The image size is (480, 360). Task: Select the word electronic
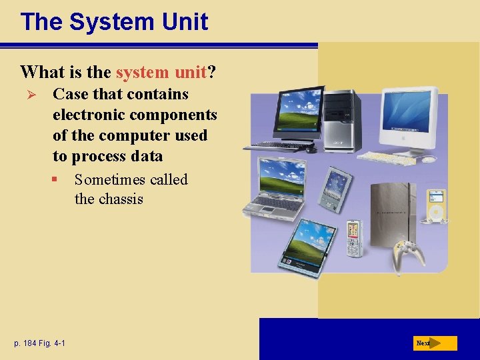(x=84, y=115)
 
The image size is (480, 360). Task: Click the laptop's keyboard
(x=273, y=204)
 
